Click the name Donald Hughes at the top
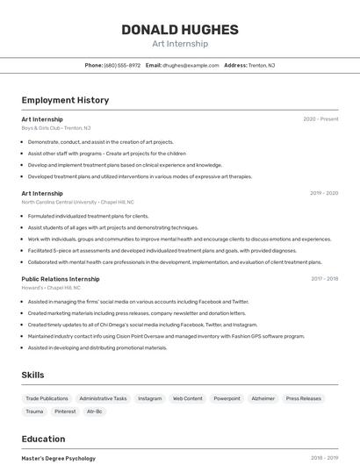point(179,30)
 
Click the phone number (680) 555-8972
point(122,65)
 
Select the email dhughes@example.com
point(191,65)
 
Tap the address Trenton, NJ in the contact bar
point(262,65)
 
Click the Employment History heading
point(65,100)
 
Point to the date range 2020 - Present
point(320,119)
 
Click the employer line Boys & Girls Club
point(56,128)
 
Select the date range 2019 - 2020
point(324,193)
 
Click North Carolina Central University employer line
point(78,202)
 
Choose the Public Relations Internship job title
point(61,279)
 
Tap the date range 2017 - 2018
point(324,279)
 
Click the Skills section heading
point(33,375)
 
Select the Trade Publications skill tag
point(47,398)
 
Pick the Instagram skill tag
point(149,398)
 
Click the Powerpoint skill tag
point(227,398)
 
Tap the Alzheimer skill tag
point(263,398)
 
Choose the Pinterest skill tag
point(65,411)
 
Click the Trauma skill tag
point(34,411)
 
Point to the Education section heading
point(43,439)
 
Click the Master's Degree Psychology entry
point(58,458)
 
